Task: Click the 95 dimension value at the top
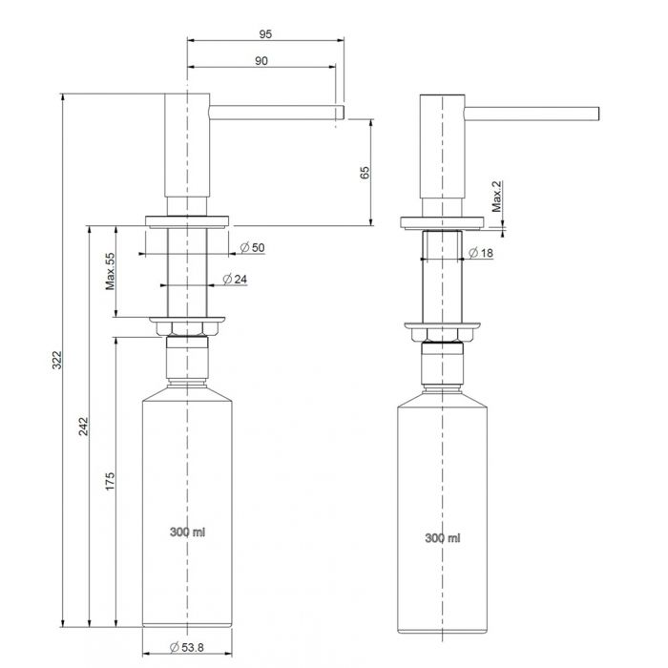click(x=265, y=34)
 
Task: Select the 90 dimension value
click(x=261, y=61)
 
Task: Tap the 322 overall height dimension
click(x=57, y=360)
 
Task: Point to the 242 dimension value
click(x=84, y=427)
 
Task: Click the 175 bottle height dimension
click(x=110, y=481)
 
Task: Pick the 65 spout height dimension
click(x=365, y=173)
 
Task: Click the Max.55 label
click(x=110, y=271)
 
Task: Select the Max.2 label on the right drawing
click(x=497, y=197)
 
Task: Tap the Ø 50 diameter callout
click(x=252, y=247)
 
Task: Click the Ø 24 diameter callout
click(x=235, y=279)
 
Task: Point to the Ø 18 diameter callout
click(x=481, y=253)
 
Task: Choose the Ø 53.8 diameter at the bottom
click(x=187, y=648)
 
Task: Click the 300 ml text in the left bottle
click(x=187, y=532)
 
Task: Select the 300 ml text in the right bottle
click(x=443, y=538)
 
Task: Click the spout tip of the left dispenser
click(x=344, y=113)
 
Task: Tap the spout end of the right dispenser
click(x=598, y=114)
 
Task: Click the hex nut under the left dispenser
click(x=187, y=328)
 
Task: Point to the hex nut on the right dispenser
click(x=442, y=335)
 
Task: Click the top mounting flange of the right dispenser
click(x=442, y=222)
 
